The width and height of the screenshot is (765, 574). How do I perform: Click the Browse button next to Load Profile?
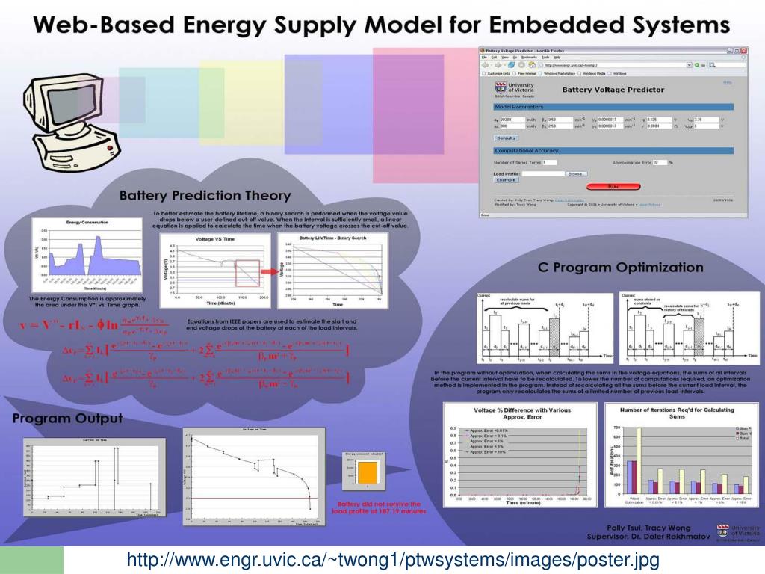coord(574,173)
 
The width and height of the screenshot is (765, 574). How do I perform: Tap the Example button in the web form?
coord(506,180)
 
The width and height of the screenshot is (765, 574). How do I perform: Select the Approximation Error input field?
coord(660,162)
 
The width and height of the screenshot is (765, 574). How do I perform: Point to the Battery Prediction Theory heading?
coord(195,196)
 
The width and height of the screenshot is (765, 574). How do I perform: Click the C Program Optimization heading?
coord(620,267)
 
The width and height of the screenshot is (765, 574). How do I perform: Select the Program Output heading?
coord(67,418)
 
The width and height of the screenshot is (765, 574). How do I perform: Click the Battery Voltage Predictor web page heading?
coord(613,90)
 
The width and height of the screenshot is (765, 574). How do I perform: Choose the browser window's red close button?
coord(744,50)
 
